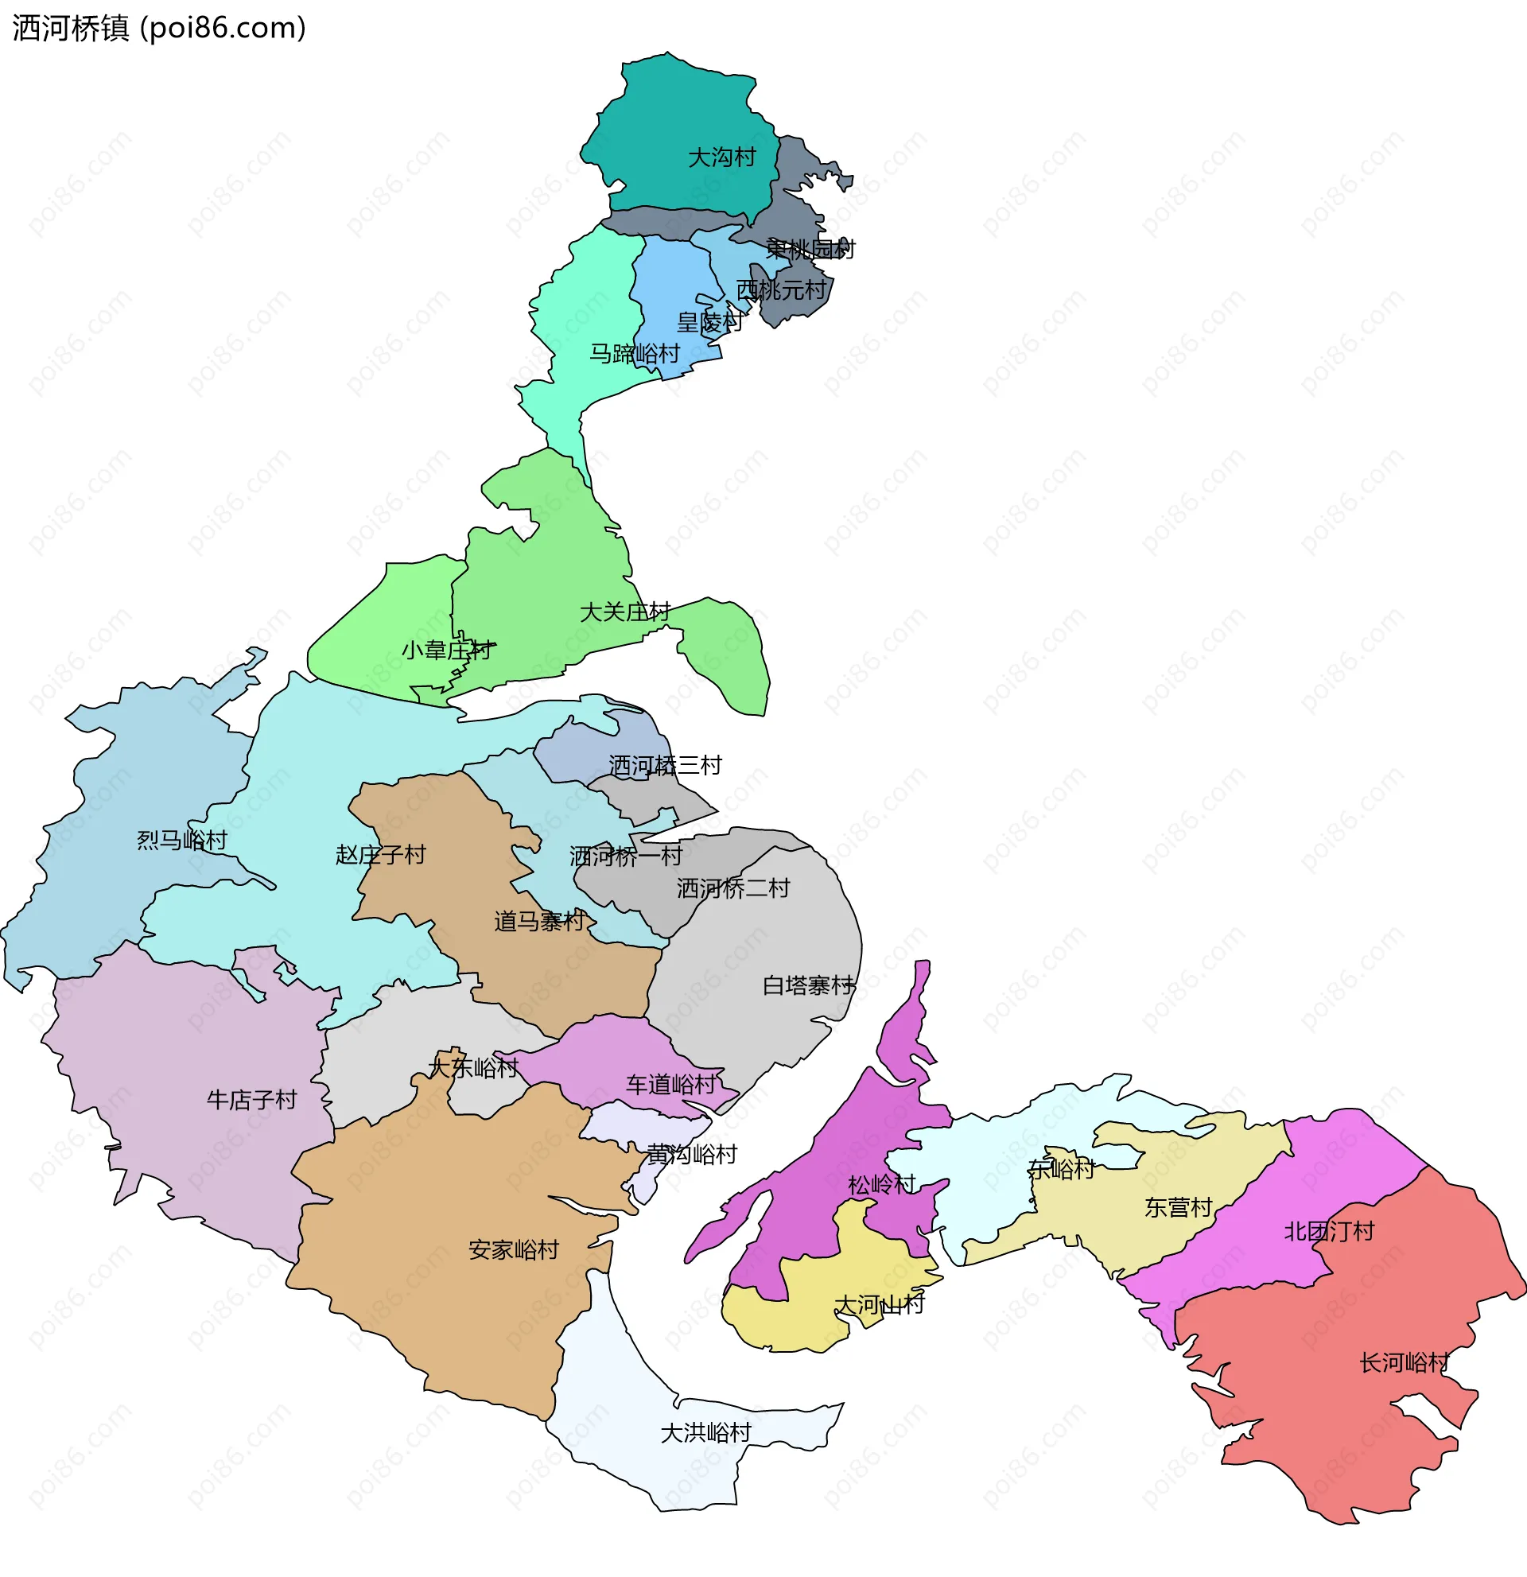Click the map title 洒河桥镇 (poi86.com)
[x=159, y=28]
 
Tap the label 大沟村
[x=721, y=157]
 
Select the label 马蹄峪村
[x=634, y=354]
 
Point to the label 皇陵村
[x=709, y=323]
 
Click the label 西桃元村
[x=781, y=289]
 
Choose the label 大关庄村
[x=624, y=612]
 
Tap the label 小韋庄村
[x=447, y=650]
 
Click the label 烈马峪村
[x=182, y=841]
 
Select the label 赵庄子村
[x=380, y=854]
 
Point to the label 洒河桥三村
[x=665, y=765]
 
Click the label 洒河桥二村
[x=733, y=888]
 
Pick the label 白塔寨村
[x=808, y=985]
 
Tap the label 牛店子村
[x=252, y=1100]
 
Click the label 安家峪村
[x=513, y=1250]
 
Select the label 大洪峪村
[x=705, y=1433]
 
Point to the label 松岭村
[x=882, y=1185]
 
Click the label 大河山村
[x=880, y=1304]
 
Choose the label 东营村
[x=1178, y=1208]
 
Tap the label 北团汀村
[x=1329, y=1232]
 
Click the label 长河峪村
[x=1405, y=1363]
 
